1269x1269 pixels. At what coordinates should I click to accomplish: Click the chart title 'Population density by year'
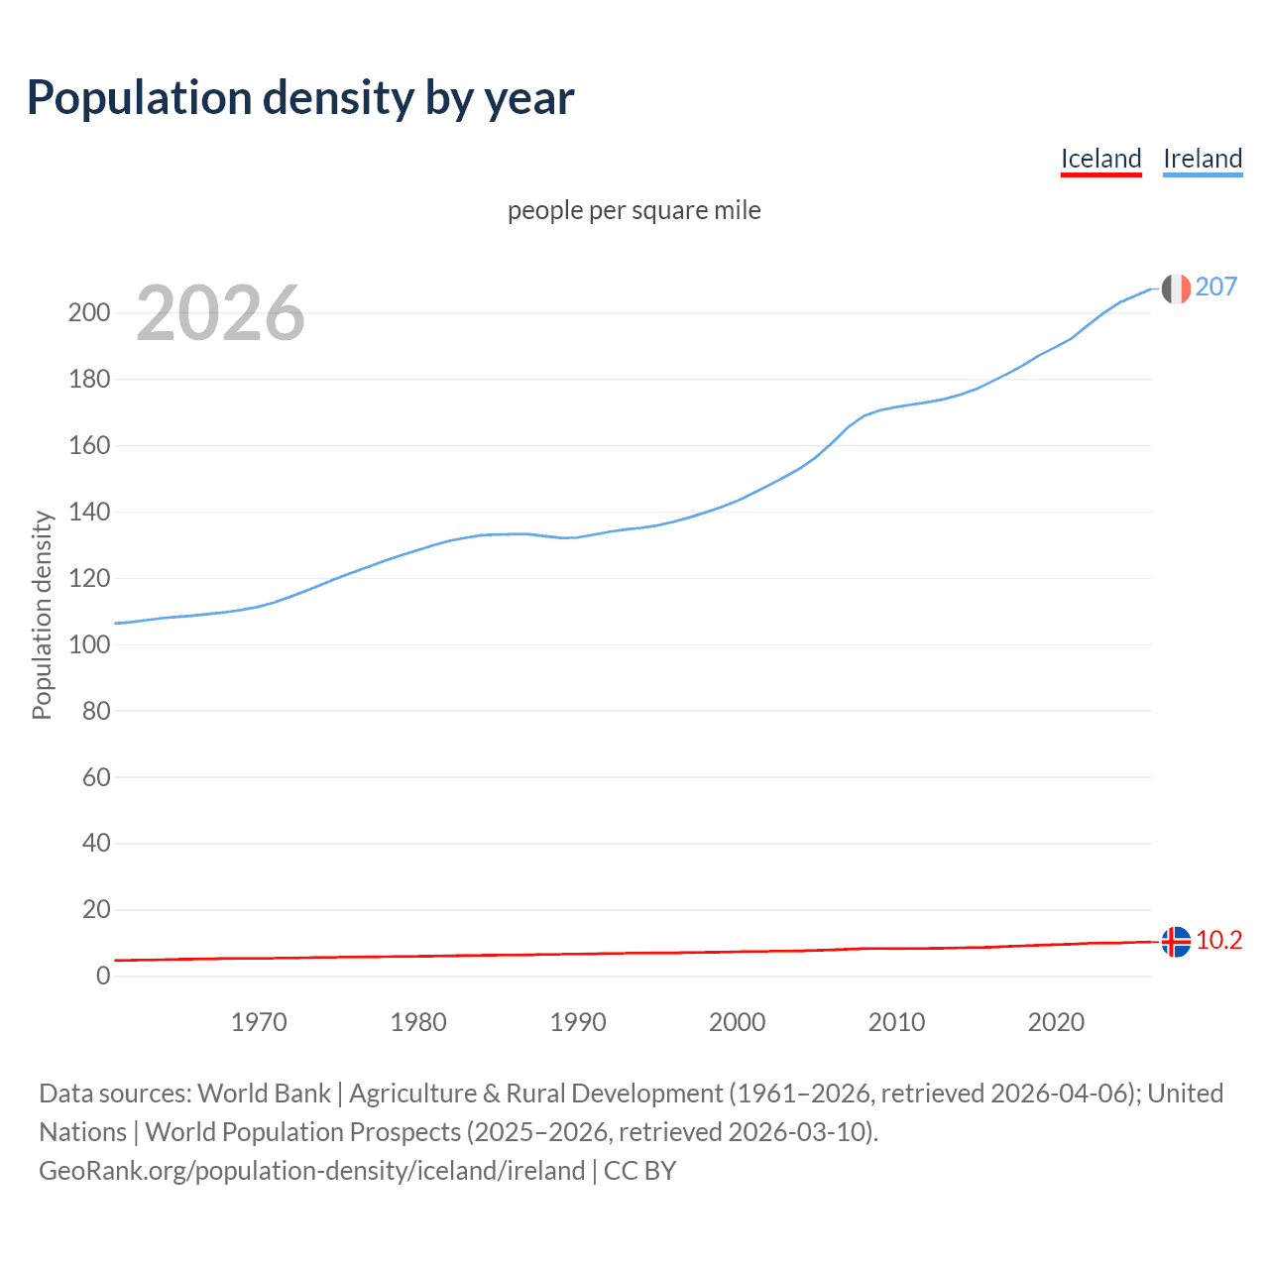click(300, 98)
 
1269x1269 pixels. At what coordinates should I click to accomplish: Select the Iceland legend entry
click(1100, 159)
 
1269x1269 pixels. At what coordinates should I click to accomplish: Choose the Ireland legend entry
click(1202, 159)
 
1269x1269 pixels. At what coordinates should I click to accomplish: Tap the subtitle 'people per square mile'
click(634, 210)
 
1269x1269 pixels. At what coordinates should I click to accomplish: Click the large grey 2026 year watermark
click(220, 313)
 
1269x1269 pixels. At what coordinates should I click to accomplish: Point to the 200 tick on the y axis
click(89, 313)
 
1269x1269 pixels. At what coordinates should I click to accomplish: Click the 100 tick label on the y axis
click(89, 644)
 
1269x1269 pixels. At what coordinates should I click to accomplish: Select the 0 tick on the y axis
click(102, 976)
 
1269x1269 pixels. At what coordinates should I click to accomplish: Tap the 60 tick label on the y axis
click(95, 777)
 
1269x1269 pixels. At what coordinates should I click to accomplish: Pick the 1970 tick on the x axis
click(259, 1022)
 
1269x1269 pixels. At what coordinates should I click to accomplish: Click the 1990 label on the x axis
click(578, 1022)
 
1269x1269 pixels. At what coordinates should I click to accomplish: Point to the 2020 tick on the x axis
click(1056, 1022)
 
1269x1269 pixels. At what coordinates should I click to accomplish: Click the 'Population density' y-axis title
click(42, 615)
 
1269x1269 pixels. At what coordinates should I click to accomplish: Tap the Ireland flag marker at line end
click(1176, 288)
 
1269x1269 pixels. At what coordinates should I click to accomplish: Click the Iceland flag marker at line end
click(1176, 941)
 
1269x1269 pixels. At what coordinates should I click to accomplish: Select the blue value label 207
click(1215, 287)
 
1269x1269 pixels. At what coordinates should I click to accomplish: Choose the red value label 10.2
click(1218, 940)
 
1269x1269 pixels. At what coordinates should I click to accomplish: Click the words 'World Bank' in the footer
click(264, 1093)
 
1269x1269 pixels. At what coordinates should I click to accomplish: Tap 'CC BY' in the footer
click(639, 1170)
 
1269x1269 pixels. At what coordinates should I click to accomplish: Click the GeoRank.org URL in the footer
click(311, 1170)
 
